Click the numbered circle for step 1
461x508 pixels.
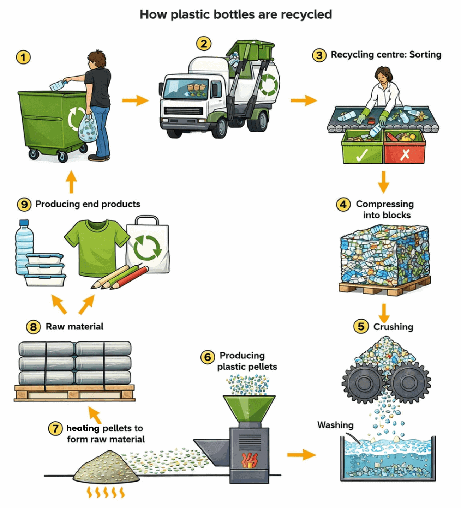coord(23,57)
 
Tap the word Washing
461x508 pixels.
coord(335,425)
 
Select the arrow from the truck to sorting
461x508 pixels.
coord(304,101)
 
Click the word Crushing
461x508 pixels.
coord(393,327)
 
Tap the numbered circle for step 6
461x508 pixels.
coord(208,357)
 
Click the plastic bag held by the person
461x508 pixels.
coord(88,128)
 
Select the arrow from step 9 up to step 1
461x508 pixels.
coord(71,182)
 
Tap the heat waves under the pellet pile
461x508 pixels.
coord(106,492)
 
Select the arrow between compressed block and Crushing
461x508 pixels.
coord(384,313)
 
